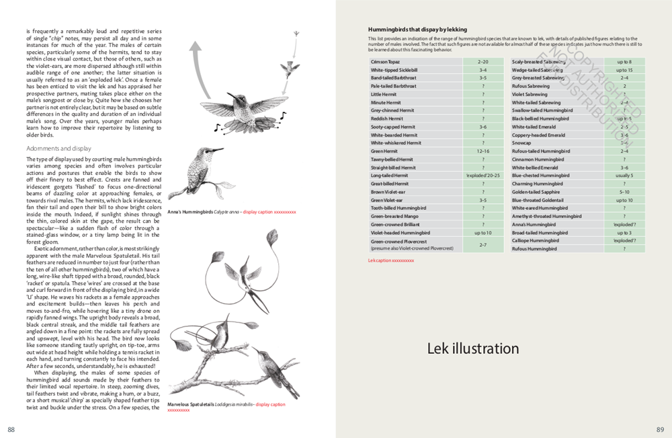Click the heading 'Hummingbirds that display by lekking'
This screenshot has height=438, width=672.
tap(417, 30)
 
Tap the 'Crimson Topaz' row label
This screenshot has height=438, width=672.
tap(385, 62)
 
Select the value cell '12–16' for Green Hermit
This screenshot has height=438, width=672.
tap(482, 151)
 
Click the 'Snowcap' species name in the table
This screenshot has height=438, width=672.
tap(521, 143)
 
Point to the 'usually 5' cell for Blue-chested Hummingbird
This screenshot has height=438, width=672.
tap(624, 176)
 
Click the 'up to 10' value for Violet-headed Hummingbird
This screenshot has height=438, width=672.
tap(482, 233)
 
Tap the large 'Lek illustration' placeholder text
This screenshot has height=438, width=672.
tap(473, 349)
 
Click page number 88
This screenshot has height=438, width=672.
tap(11, 430)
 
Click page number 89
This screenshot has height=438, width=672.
tap(660, 430)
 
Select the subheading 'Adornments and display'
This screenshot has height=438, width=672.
tap(58, 148)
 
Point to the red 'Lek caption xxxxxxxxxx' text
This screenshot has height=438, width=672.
tap(391, 260)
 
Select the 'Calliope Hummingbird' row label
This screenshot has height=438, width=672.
tap(536, 241)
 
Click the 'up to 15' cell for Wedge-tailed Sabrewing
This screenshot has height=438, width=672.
tap(624, 70)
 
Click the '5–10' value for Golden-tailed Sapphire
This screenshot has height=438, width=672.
tap(624, 192)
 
